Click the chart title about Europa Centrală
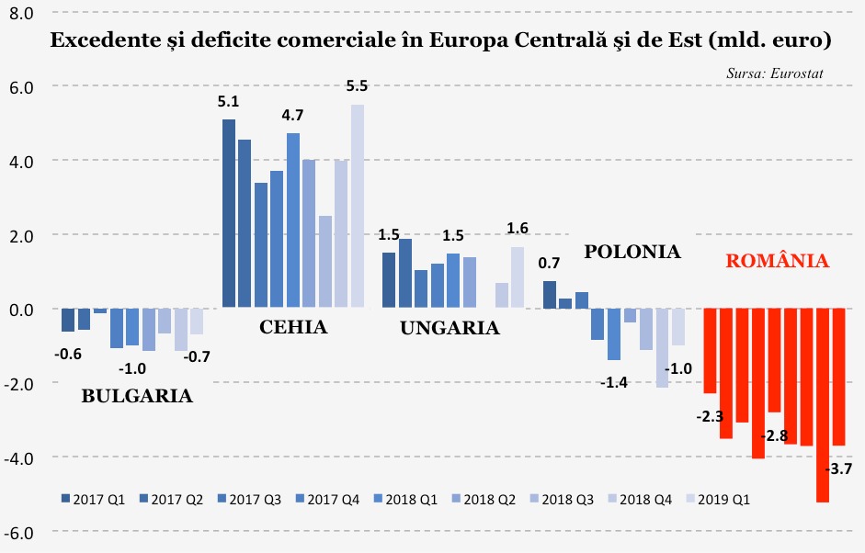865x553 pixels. pyautogui.click(x=440, y=41)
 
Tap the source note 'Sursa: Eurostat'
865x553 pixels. pyautogui.click(x=774, y=71)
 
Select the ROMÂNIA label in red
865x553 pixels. pyautogui.click(x=778, y=261)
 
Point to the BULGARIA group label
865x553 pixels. pyautogui.click(x=137, y=397)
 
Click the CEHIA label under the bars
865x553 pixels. pyautogui.click(x=293, y=327)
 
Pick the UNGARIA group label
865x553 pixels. pyautogui.click(x=450, y=328)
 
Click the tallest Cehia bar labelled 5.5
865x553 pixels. pyautogui.click(x=358, y=206)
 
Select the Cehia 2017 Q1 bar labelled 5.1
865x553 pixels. pyautogui.click(x=229, y=213)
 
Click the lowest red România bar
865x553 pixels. pyautogui.click(x=823, y=405)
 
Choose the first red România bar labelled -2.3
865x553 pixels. pyautogui.click(x=710, y=351)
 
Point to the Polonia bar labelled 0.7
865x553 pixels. pyautogui.click(x=550, y=294)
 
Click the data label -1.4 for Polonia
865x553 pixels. pyautogui.click(x=613, y=382)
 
